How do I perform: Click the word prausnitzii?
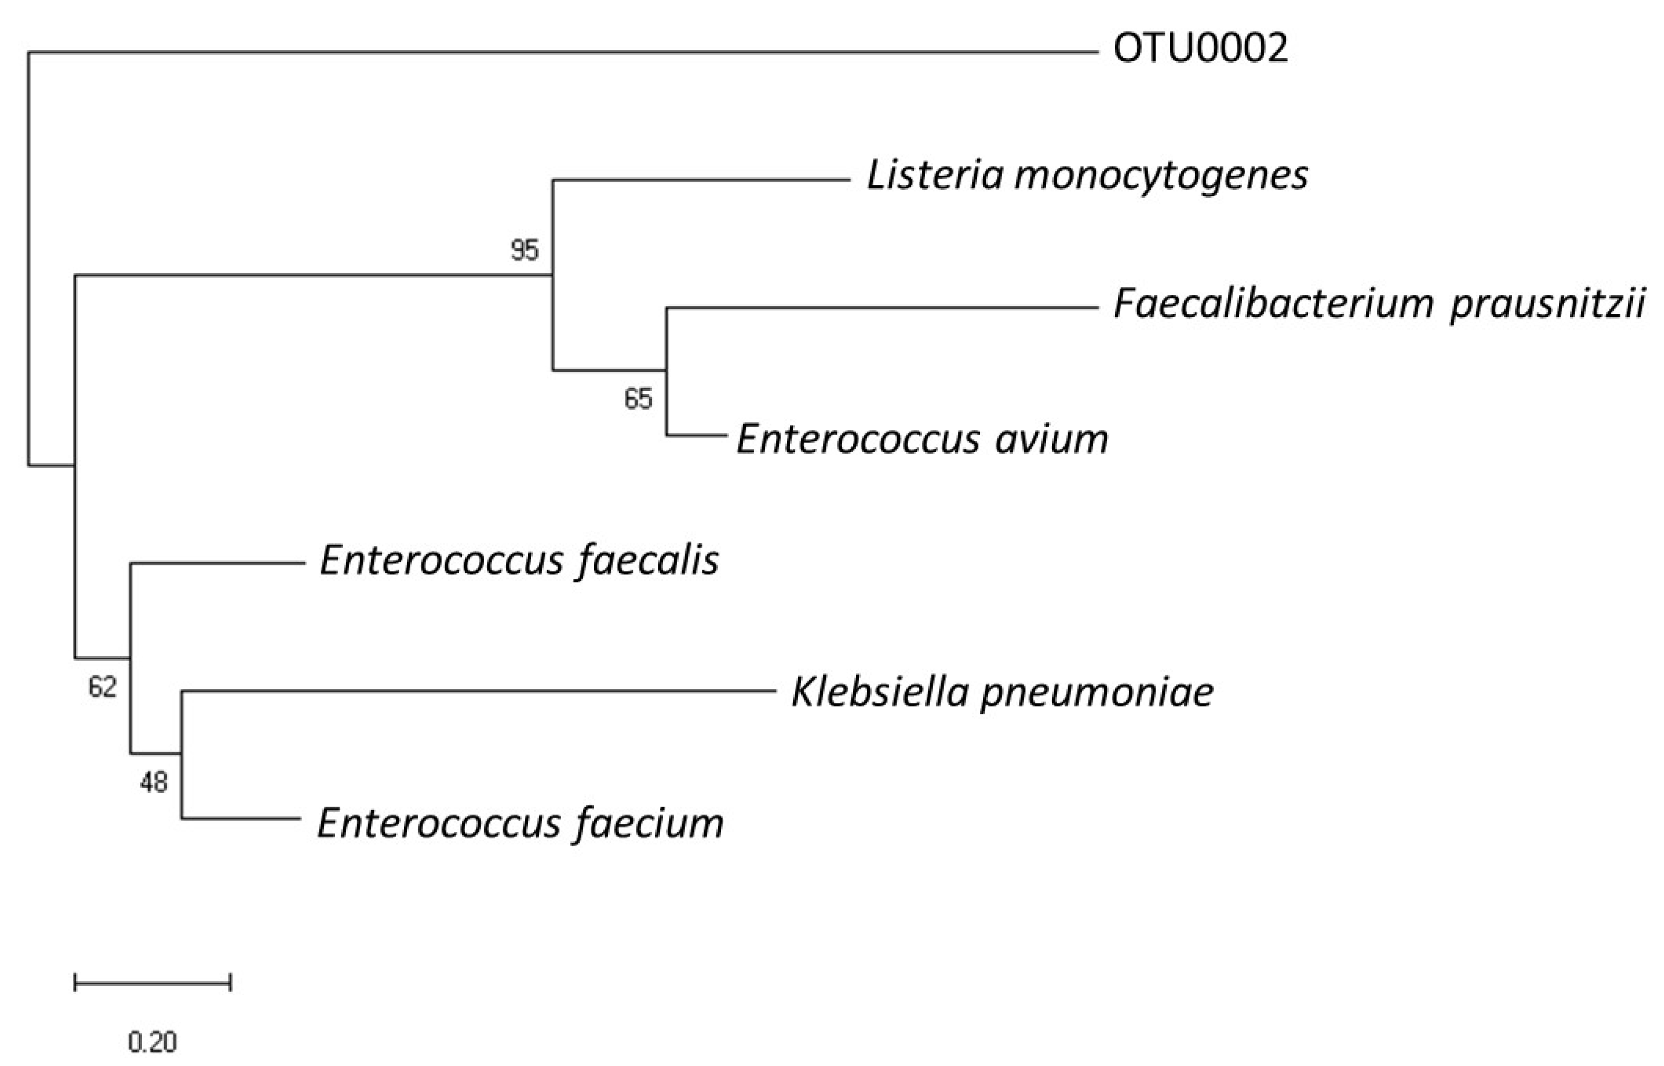click(1548, 304)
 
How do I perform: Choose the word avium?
click(1052, 439)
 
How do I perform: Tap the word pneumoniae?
click(1097, 692)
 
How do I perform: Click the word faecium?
click(649, 824)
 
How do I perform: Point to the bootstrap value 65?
click(638, 399)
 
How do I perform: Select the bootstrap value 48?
click(153, 782)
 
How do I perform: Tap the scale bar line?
click(152, 982)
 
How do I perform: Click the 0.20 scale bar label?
click(152, 1041)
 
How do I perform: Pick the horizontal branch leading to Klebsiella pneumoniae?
click(478, 690)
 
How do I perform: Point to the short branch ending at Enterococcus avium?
click(696, 435)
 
